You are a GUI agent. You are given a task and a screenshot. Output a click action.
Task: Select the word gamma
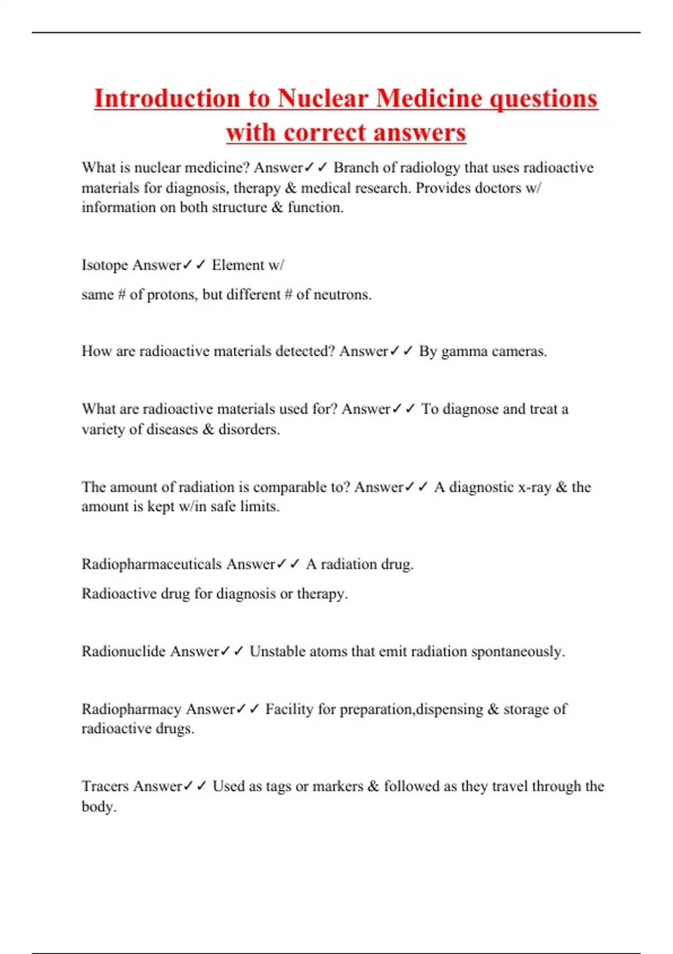coord(464,352)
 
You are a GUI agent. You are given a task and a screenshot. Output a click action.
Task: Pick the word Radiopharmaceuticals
coord(151,564)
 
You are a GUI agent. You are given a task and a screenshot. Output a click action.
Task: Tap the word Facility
coord(289,709)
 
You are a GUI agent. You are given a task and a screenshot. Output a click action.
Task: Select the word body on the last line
coord(98,806)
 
